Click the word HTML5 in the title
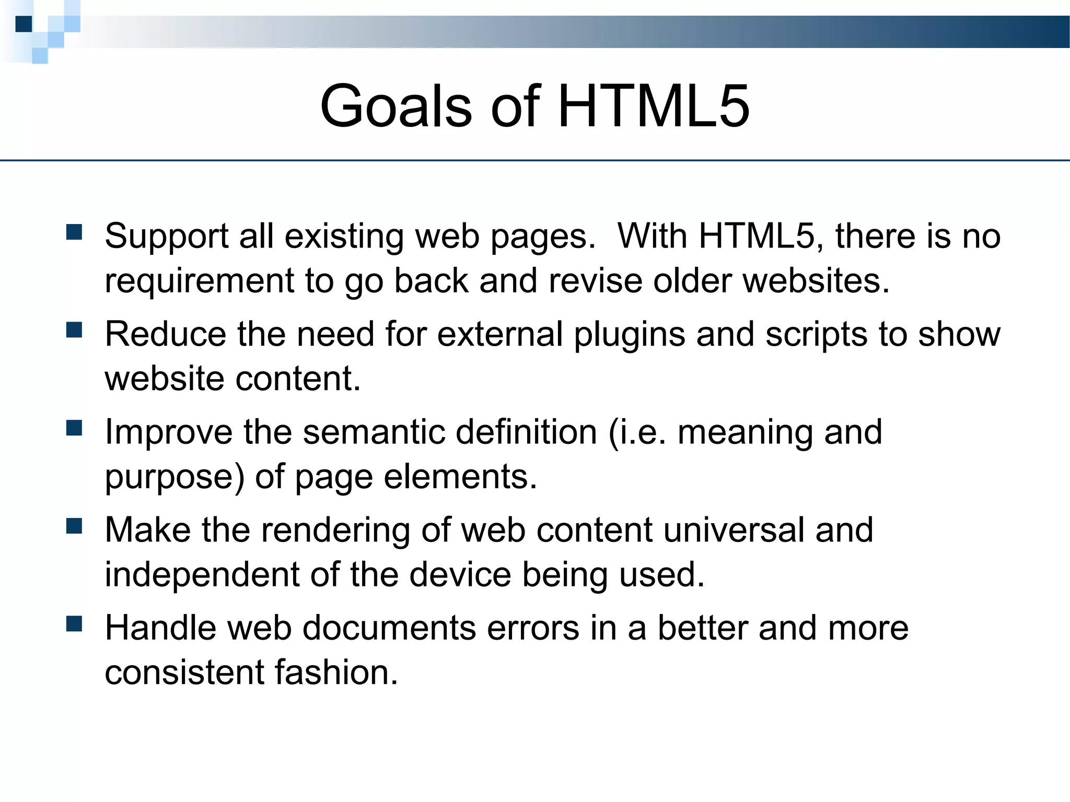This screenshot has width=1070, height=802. tap(654, 107)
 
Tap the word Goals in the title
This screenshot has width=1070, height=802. tap(396, 107)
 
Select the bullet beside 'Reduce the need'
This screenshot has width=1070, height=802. tap(75, 330)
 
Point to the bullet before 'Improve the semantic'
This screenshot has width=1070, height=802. tap(75, 428)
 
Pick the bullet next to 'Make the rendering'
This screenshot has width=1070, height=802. tap(75, 526)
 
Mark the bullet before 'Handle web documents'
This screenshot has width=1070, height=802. tap(75, 624)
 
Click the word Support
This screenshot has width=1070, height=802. tap(166, 237)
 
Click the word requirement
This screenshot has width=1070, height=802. tap(200, 281)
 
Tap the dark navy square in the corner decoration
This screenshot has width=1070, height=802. tap(24, 24)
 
